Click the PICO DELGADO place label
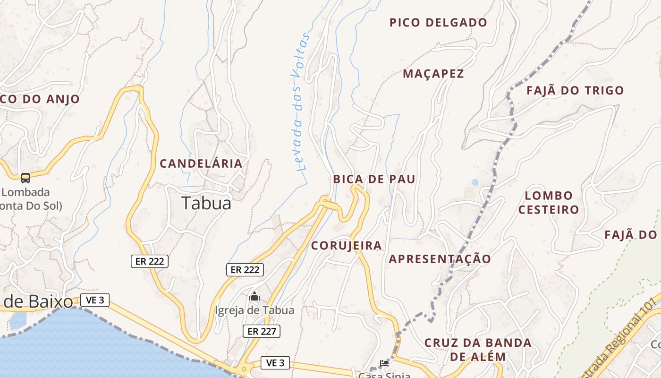[x=438, y=22]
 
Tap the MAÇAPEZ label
[x=433, y=74]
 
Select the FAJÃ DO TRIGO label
[x=575, y=90]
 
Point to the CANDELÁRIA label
[x=201, y=164]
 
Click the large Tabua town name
[x=207, y=203]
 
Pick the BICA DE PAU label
[x=374, y=179]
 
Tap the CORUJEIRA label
[x=347, y=246]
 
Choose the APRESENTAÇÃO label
[x=440, y=259]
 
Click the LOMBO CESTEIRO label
[x=549, y=202]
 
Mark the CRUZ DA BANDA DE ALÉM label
[x=478, y=349]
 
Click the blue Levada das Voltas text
[x=300, y=102]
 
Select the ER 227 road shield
[x=262, y=331]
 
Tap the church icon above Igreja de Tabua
[x=254, y=297]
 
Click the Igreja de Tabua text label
[x=254, y=310]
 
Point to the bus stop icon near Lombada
[x=25, y=178]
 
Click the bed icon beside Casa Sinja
[x=384, y=363]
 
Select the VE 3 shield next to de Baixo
[x=95, y=300]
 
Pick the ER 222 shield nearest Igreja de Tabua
[x=245, y=270]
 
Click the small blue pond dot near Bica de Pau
[x=475, y=182]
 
